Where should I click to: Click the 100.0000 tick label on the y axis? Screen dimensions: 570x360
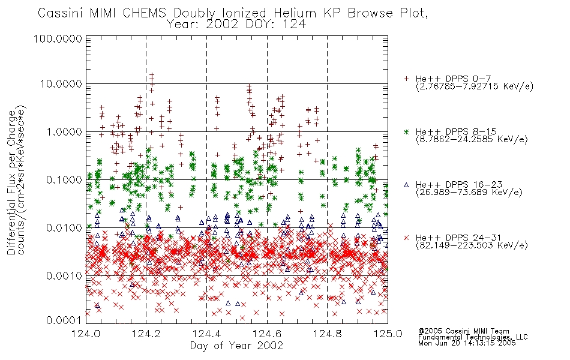[58, 38]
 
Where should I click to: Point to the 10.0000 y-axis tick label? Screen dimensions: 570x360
[61, 84]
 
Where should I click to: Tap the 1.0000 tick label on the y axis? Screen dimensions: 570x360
[64, 131]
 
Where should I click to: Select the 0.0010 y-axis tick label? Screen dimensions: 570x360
[64, 275]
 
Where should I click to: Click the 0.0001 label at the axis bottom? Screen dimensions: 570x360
[64, 320]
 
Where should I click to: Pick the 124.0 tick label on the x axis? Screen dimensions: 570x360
[86, 334]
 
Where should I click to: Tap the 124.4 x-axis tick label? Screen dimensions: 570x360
[206, 334]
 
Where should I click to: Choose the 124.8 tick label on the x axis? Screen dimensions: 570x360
[327, 334]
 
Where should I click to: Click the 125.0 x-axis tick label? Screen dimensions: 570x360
[388, 334]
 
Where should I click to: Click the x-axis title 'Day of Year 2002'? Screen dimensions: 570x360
[236, 346]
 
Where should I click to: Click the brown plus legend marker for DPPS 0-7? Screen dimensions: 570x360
[406, 79]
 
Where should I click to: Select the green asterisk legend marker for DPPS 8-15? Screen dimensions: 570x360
[406, 131]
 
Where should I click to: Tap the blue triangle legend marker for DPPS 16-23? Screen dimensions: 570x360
[406, 185]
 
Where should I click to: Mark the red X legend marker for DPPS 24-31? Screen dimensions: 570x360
[406, 238]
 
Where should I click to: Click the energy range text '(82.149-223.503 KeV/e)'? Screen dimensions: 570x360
[472, 245]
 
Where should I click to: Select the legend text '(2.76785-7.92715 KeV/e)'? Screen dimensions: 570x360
[475, 86]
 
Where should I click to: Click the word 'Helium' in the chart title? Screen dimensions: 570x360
[295, 13]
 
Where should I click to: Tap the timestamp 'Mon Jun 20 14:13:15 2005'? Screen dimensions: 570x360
[467, 343]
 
